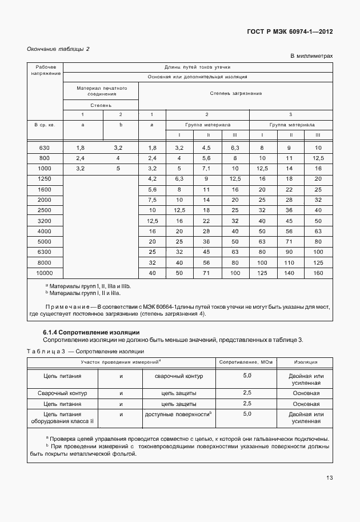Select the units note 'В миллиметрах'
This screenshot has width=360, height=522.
(311, 57)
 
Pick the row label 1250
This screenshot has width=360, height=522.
(44, 180)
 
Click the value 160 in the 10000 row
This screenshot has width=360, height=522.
(318, 273)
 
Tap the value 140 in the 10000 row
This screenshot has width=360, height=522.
(290, 273)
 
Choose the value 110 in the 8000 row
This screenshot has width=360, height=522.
(290, 263)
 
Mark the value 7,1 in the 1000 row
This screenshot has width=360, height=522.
(207, 169)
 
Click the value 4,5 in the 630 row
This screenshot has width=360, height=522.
(207, 148)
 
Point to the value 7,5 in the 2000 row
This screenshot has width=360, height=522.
(152, 200)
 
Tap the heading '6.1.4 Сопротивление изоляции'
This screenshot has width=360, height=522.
(91, 332)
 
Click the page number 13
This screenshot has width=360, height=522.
(330, 478)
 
